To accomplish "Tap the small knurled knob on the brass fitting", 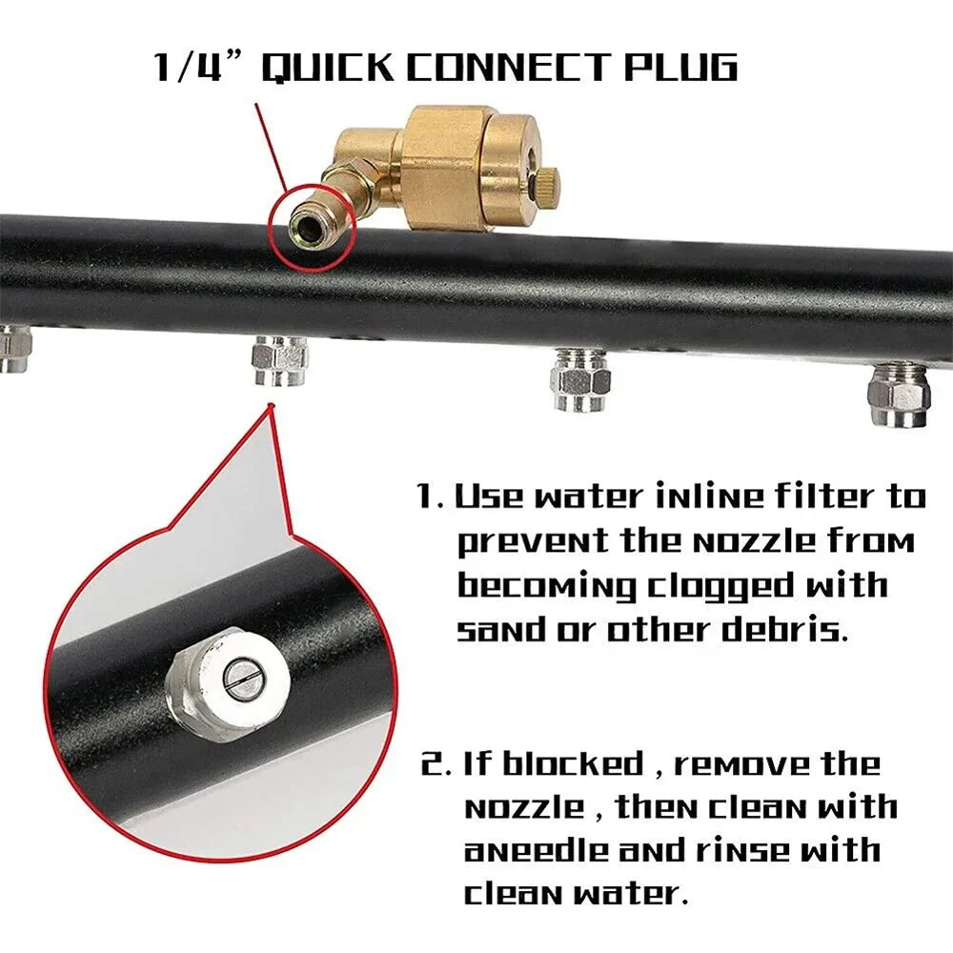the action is pos(546,181).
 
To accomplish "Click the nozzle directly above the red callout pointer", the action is pos(279,362).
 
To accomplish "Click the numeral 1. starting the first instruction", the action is pos(431,497).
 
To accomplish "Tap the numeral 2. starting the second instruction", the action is pos(436,764).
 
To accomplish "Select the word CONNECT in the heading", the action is pos(507,67).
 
